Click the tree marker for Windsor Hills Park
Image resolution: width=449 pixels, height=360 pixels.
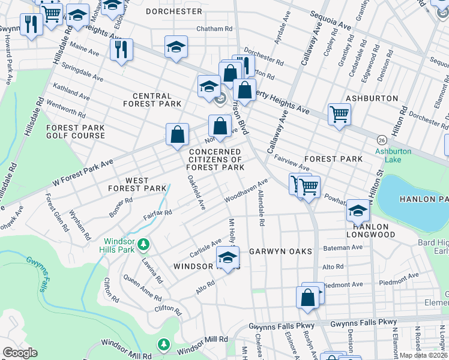pyautogui.click(x=143, y=244)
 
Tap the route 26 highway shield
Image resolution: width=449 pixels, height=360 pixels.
pyautogui.click(x=381, y=140)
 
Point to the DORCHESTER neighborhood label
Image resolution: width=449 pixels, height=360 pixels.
pyautogui.click(x=174, y=11)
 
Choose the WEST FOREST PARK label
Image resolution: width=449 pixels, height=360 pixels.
pyautogui.click(x=137, y=184)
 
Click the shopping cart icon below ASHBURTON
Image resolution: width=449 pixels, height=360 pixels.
pyautogui.click(x=339, y=113)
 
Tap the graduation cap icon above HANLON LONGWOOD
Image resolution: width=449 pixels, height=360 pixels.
pyautogui.click(x=358, y=210)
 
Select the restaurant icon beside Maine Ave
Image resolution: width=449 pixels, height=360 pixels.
pyautogui.click(x=121, y=49)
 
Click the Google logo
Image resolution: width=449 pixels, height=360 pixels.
pyautogui.click(x=20, y=353)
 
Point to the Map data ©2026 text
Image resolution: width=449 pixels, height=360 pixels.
pyautogui.click(x=423, y=355)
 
